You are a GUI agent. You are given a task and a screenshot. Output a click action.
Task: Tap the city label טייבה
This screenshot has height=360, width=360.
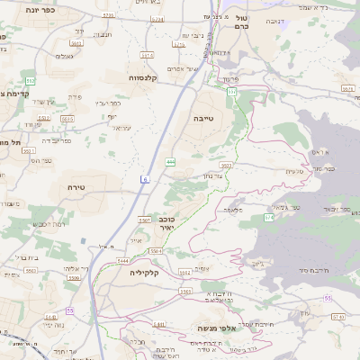(x=202, y=118)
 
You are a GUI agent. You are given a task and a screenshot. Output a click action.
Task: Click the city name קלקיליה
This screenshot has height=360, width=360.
(x=144, y=272)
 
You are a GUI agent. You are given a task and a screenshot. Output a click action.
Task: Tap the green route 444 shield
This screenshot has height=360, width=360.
(x=171, y=162)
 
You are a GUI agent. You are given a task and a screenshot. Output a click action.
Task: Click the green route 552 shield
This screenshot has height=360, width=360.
(x=30, y=81)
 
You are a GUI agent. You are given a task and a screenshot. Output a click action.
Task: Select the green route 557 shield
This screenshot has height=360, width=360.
(x=231, y=92)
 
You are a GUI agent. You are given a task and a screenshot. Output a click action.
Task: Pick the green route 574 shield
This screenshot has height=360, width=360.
(x=268, y=217)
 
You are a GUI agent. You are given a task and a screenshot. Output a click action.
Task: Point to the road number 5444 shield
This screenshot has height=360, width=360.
(x=122, y=261)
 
